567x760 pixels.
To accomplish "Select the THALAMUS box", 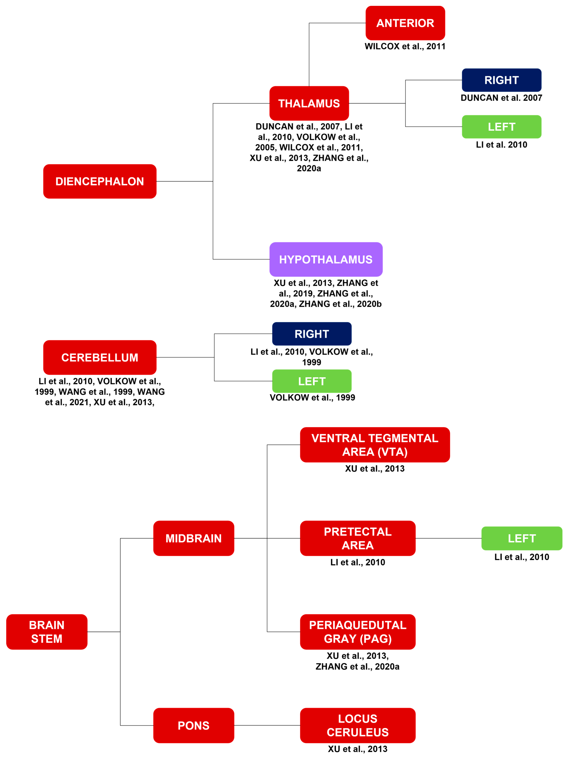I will point(309,103).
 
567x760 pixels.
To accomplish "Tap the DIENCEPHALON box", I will point(100,181).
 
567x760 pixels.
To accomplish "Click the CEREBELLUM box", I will point(100,357).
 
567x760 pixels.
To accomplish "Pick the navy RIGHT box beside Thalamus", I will point(501,80).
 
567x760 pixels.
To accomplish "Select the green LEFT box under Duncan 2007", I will point(501,127).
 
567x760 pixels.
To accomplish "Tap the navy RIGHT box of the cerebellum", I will point(312,334).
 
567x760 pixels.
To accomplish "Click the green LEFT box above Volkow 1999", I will point(312,381).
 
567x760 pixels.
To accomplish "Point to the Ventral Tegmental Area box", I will point(375,445).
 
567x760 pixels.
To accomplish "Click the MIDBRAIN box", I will point(194,538).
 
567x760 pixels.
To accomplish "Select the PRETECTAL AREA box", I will point(358,538).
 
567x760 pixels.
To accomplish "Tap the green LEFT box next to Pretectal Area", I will point(522,538).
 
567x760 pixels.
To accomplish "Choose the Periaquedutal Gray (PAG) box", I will point(358,632).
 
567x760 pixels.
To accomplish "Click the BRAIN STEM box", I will point(47,632).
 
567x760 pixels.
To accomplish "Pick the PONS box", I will point(194,725).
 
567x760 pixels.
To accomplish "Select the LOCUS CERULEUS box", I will point(358,725).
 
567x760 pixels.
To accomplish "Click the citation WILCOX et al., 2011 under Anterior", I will point(405,46).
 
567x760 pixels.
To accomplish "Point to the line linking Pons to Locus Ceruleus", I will point(267,725).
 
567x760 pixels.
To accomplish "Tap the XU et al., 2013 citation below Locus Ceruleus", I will point(358,749).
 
